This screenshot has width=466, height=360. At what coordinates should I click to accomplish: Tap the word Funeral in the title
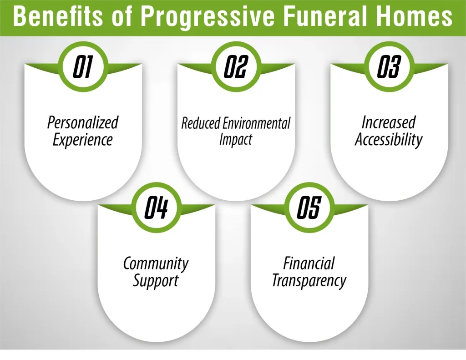pyautogui.click(x=336, y=17)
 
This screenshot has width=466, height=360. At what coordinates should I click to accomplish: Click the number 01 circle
pyautogui.click(x=83, y=67)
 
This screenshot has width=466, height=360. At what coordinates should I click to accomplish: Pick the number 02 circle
pyautogui.click(x=236, y=67)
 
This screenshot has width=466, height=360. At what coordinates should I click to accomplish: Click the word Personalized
pyautogui.click(x=83, y=122)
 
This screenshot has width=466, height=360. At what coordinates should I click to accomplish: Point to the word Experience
pyautogui.click(x=83, y=140)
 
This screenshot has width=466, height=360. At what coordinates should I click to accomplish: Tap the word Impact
pyautogui.click(x=236, y=139)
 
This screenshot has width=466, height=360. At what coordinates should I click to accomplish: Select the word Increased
pyautogui.click(x=389, y=122)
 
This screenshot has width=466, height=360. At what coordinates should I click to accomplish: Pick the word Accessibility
pyautogui.click(x=389, y=139)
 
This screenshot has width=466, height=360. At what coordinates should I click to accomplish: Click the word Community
pyautogui.click(x=156, y=264)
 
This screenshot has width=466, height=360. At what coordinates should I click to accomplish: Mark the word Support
pyautogui.click(x=156, y=281)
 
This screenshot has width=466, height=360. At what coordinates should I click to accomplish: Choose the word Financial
pyautogui.click(x=309, y=264)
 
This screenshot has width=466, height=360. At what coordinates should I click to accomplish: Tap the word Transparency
pyautogui.click(x=309, y=281)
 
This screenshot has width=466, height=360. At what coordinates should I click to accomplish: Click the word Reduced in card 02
pyautogui.click(x=201, y=123)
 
